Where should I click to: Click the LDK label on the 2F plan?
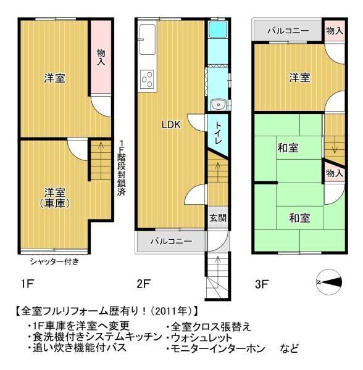tap(171, 125)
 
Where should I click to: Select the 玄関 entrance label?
tap(218, 218)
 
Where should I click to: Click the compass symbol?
tap(329, 282)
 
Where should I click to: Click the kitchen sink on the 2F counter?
tap(148, 39)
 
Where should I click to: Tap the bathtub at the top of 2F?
tap(218, 29)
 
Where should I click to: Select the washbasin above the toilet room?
tap(219, 105)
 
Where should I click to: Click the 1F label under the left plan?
tap(27, 284)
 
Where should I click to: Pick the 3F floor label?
tap(261, 284)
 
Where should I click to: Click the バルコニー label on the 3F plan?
tap(288, 31)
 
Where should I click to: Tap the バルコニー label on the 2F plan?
tap(171, 241)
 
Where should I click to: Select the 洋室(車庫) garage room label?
tap(54, 198)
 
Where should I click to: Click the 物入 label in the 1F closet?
tap(101, 57)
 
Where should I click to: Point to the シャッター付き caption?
tap(54, 261)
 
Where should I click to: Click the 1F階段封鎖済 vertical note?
tap(122, 168)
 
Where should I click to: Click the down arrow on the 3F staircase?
tap(335, 146)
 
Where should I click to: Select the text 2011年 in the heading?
tap(172, 311)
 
